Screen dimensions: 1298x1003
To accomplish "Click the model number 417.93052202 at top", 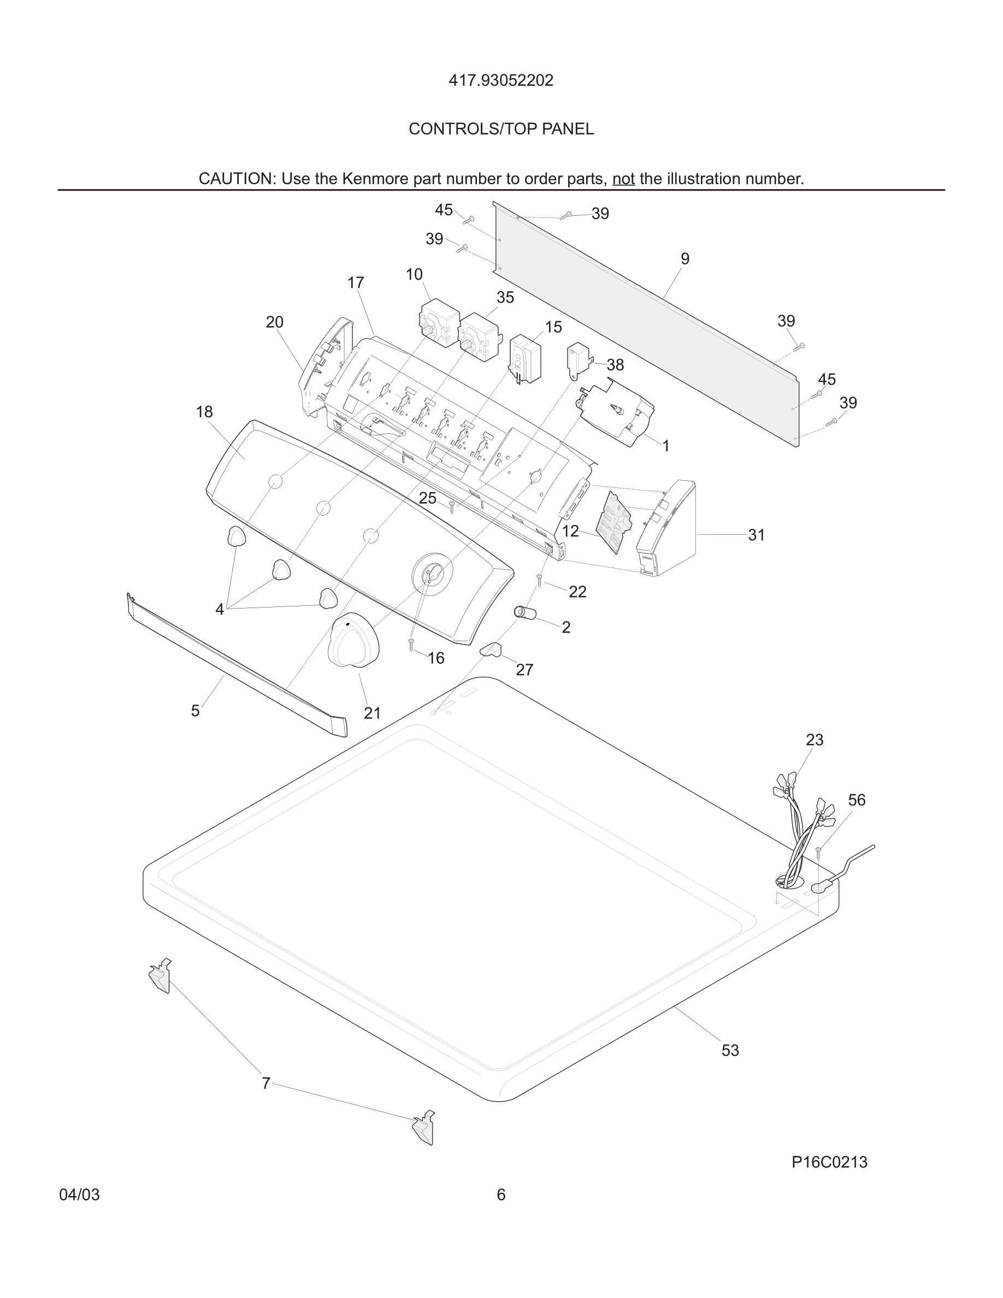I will (x=501, y=80).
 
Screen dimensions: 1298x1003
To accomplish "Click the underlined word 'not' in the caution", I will (x=623, y=179).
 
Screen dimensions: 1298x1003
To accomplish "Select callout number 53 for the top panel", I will (x=730, y=1050).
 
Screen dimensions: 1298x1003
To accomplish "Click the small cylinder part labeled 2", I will (x=524, y=613).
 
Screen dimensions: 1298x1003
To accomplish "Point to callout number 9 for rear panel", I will (x=685, y=259).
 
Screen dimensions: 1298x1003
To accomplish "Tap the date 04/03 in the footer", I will (x=80, y=1195).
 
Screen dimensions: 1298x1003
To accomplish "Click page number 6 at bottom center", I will (x=501, y=1195).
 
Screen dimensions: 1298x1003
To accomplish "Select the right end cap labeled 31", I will (x=666, y=529).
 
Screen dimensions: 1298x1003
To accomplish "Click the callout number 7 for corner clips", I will (x=265, y=1083).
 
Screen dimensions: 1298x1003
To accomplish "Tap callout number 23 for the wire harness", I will (x=814, y=740).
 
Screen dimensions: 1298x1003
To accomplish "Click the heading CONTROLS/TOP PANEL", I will (x=501, y=129).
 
